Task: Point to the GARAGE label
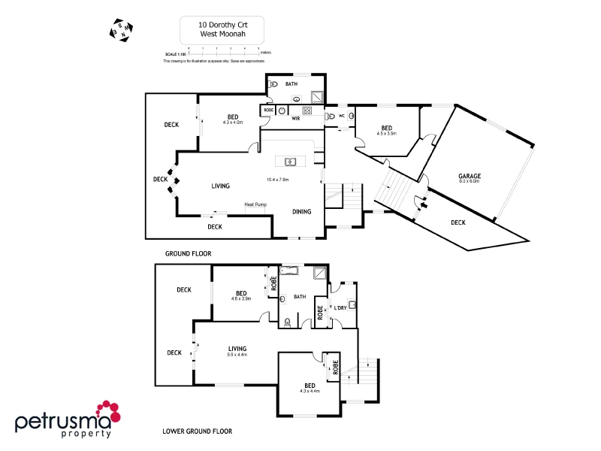tap(470, 176)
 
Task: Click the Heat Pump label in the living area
tap(255, 204)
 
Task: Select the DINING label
tap(302, 212)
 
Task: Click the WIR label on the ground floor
tap(296, 118)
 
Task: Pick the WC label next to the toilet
tap(341, 116)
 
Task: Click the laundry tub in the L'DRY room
tap(352, 305)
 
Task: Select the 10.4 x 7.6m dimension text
tap(278, 180)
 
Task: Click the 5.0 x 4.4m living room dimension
tap(237, 354)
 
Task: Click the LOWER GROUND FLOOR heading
tap(197, 431)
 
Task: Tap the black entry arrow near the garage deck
tap(421, 202)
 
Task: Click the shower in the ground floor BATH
tap(318, 96)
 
